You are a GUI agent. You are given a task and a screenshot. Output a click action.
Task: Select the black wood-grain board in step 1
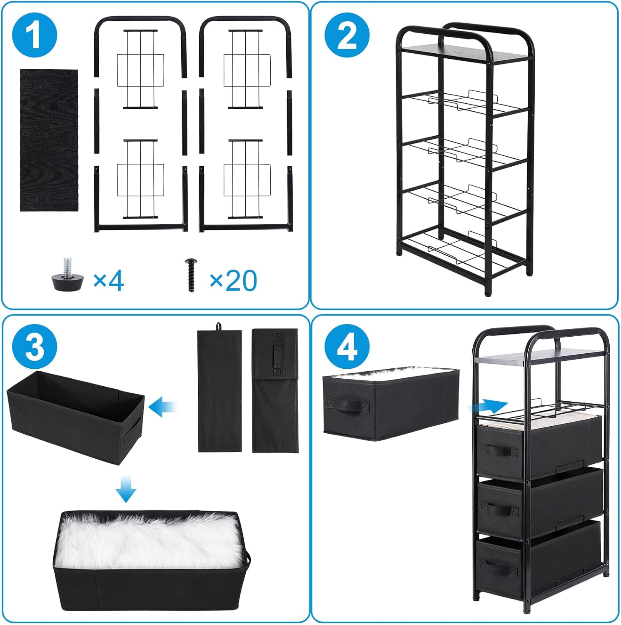49,140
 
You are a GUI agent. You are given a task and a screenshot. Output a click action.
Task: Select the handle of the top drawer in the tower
499,450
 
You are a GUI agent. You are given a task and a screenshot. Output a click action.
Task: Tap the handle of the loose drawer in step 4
348,405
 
